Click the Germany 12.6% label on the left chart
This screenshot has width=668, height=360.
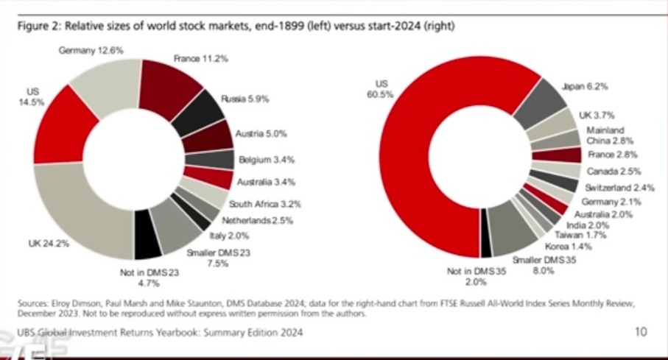pyautogui.click(x=91, y=50)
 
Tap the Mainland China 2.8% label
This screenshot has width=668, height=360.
pyautogui.click(x=605, y=135)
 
